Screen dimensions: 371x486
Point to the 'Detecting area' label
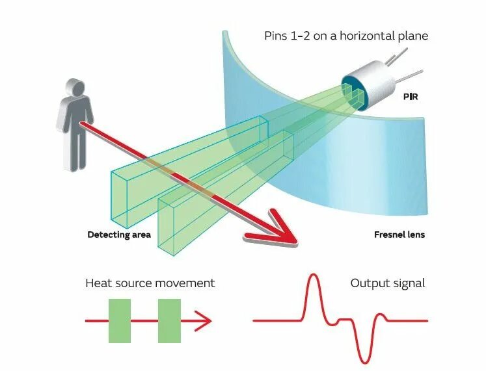click(x=119, y=235)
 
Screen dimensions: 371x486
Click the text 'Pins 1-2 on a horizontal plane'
click(x=345, y=36)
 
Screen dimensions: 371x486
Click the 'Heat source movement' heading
click(x=150, y=283)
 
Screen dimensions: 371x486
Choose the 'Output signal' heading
click(x=387, y=283)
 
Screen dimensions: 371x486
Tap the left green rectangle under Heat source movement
click(x=120, y=320)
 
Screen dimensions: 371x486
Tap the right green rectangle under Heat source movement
click(x=169, y=320)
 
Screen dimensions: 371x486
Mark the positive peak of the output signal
click(x=313, y=277)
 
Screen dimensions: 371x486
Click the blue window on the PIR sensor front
click(x=352, y=92)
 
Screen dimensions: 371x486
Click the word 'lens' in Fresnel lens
click(x=414, y=235)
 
